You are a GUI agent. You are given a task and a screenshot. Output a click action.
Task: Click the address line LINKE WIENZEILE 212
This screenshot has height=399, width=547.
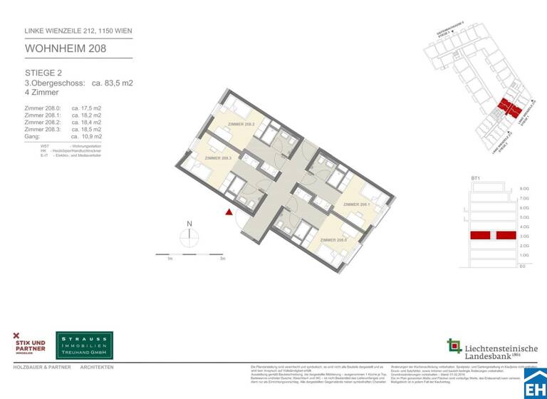78,31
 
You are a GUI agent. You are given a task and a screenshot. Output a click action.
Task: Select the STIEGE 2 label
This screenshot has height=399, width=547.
43,73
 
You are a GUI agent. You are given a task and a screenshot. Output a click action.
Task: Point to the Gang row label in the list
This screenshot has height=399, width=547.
33,136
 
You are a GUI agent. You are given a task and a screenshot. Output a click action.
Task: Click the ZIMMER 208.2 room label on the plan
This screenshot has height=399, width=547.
241,124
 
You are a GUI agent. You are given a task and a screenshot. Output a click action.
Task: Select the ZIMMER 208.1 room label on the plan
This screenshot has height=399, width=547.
356,204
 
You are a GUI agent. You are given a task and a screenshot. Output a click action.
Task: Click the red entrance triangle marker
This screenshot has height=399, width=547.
229,212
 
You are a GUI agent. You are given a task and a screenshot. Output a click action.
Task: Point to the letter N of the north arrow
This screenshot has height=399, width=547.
189,224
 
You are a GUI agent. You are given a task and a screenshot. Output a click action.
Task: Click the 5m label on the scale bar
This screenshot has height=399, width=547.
223,259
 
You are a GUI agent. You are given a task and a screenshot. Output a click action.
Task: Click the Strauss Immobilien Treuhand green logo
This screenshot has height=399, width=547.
85,345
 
